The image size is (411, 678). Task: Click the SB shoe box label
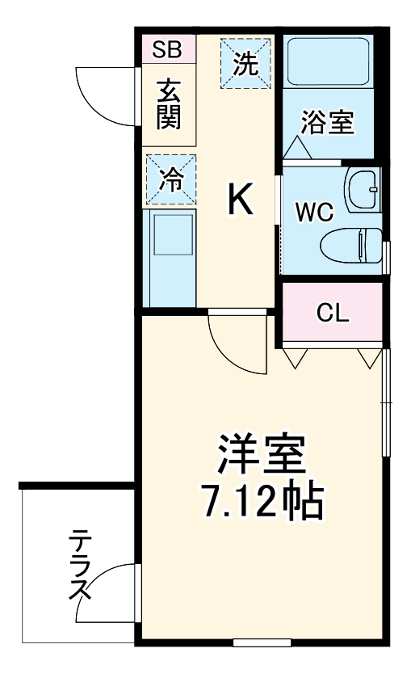coord(169,50)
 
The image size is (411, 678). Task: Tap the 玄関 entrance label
coord(169,104)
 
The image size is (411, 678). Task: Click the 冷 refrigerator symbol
coord(170,179)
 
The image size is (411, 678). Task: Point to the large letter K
coord(239,199)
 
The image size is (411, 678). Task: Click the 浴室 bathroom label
coord(327,122)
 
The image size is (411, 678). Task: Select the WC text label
coord(314,213)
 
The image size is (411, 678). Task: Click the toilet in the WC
coord(350,243)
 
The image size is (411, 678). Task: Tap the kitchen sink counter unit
coord(170,258)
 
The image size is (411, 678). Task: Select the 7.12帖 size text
coord(262,502)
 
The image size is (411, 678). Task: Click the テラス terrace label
coord(79,566)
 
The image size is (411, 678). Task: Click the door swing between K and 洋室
coord(237,343)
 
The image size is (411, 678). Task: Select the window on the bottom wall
coord(262,642)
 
